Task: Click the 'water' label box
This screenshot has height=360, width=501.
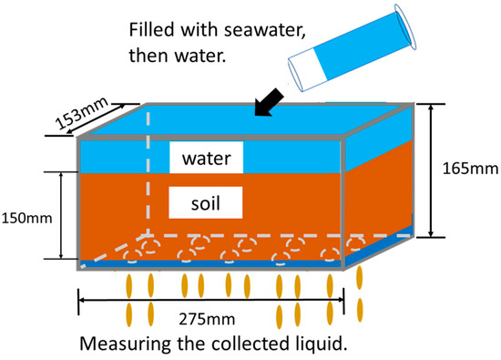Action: coord(206,159)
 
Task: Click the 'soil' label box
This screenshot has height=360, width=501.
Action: coord(206,201)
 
